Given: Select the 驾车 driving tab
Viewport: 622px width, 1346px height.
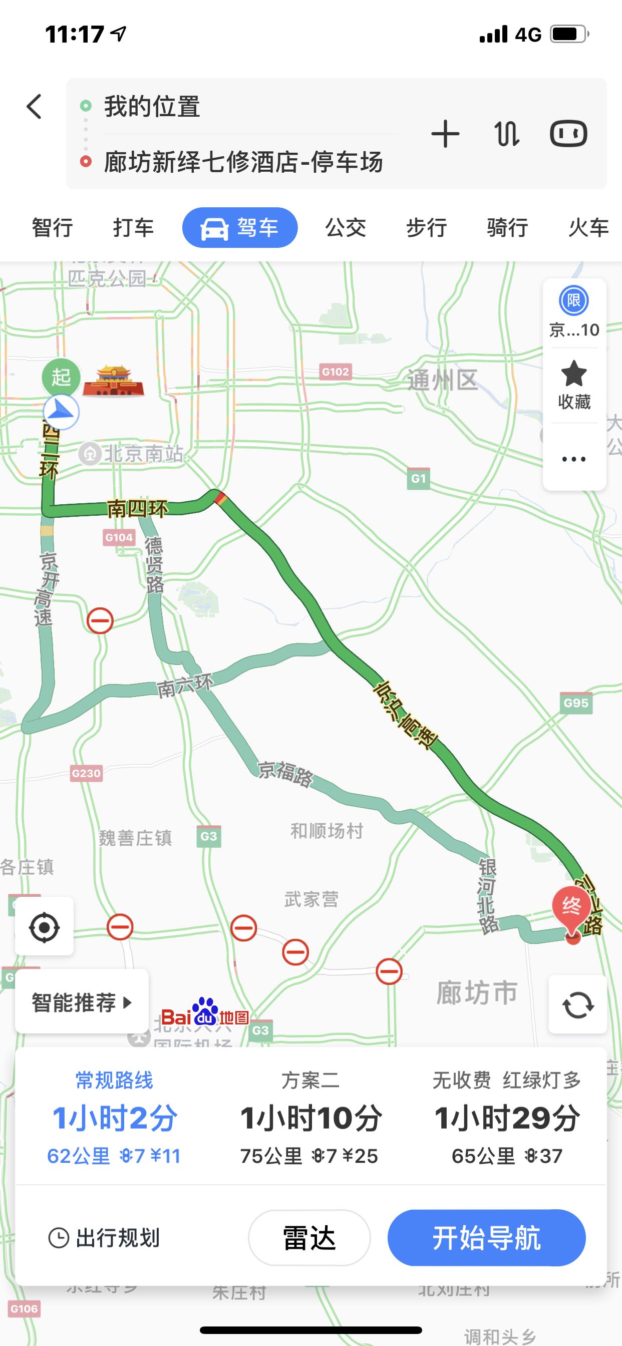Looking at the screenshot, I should [x=240, y=228].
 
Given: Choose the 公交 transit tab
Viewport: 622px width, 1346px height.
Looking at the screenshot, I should [x=346, y=228].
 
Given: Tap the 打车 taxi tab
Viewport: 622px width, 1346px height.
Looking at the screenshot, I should [x=133, y=228].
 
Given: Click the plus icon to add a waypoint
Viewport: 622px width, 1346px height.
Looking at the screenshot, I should [x=445, y=134].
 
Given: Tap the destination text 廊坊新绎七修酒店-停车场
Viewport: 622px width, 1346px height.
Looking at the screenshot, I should [x=243, y=162].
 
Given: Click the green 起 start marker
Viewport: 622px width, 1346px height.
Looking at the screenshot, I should [x=61, y=377].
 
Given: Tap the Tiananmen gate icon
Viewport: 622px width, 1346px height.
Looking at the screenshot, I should [x=113, y=382].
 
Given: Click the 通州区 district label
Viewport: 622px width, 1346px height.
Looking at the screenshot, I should [x=442, y=380].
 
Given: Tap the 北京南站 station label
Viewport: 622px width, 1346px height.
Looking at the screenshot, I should [x=143, y=454].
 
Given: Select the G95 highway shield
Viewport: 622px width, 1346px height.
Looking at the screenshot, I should [x=576, y=704].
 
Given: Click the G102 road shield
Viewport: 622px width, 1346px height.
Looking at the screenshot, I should [x=335, y=372].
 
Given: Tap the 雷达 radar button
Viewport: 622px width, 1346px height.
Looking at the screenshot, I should [x=309, y=1238].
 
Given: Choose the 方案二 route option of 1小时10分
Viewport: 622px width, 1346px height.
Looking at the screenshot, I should [x=310, y=1118].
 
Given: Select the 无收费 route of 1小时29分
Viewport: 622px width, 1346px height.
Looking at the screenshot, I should [x=506, y=1118].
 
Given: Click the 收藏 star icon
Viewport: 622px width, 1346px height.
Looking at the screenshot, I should [x=574, y=374].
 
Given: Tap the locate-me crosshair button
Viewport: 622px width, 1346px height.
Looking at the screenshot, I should [x=45, y=927].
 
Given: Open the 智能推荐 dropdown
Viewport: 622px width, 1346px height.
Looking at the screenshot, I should [x=82, y=1002].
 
